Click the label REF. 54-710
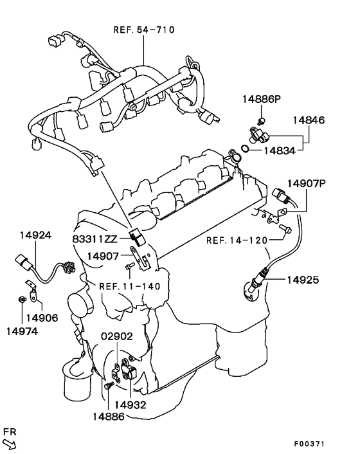[144, 30]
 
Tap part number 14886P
[262, 99]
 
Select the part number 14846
[309, 120]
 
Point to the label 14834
[280, 150]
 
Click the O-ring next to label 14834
[245, 149]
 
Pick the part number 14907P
[307, 183]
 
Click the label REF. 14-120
[237, 241]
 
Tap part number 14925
[303, 280]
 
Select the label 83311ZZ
[95, 239]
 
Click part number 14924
[35, 235]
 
